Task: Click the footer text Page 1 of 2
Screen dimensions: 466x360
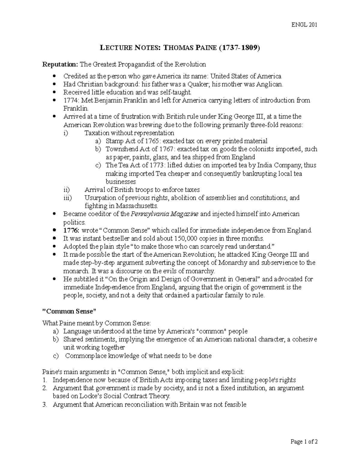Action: tap(304, 442)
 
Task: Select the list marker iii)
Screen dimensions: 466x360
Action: tap(68, 198)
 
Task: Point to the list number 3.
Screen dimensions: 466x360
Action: tap(45, 404)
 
